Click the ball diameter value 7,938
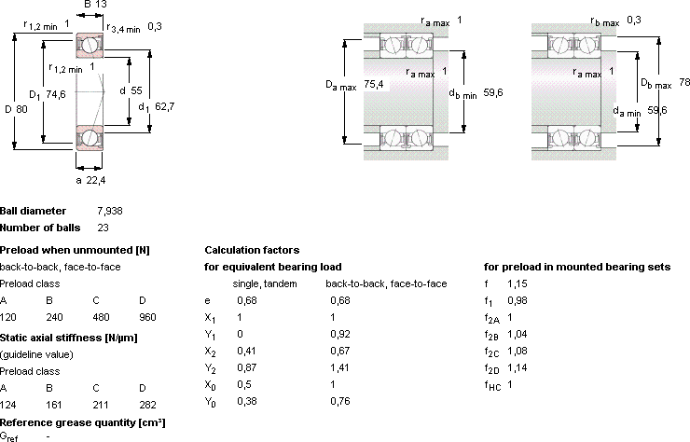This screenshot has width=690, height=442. click(x=110, y=211)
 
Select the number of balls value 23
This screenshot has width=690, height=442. click(x=103, y=228)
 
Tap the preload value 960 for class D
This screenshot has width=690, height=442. click(x=147, y=317)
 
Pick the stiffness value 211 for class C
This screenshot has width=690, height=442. click(x=101, y=405)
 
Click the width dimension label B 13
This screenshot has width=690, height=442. click(x=95, y=5)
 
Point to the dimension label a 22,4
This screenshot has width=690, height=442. click(x=90, y=180)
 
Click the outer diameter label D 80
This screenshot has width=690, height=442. click(x=16, y=109)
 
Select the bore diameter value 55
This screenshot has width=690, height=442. click(x=136, y=90)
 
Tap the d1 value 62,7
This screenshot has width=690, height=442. click(x=165, y=106)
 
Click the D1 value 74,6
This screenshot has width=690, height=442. click(x=55, y=94)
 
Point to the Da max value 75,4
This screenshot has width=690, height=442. click(x=374, y=84)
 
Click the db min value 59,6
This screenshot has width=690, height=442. click(x=493, y=92)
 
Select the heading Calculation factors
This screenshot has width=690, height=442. click(x=252, y=250)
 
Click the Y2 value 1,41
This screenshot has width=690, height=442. click(x=339, y=367)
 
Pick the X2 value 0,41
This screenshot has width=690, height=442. click(x=246, y=351)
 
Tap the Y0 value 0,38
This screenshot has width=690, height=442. click(x=247, y=401)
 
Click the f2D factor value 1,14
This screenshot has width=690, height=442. click(x=517, y=367)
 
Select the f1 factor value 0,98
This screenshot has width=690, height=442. click(x=517, y=300)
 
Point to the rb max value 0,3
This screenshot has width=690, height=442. click(x=634, y=20)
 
